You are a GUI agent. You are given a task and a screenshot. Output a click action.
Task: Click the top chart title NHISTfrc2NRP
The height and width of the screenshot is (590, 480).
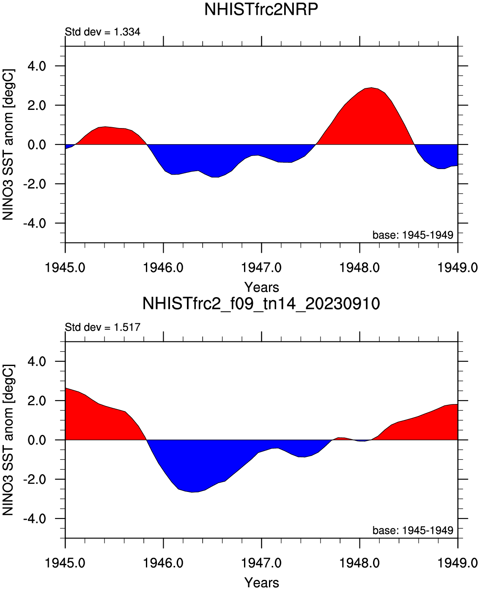point(261,9)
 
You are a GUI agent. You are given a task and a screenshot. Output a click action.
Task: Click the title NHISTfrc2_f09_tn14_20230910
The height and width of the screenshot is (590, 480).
point(261,303)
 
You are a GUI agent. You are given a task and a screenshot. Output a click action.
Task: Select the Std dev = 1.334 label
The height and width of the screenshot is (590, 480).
point(102,32)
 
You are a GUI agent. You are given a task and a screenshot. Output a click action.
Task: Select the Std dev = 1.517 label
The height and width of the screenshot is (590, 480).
point(102,327)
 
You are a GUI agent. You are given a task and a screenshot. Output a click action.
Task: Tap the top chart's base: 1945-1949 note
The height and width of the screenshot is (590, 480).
point(412,235)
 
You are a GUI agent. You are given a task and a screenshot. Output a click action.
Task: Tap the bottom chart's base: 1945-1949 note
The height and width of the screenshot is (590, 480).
point(412,530)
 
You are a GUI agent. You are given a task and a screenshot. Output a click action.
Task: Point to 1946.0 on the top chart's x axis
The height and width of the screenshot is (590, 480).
point(163,268)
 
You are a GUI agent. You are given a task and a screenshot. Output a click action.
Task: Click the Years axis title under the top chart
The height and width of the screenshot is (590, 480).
point(262,287)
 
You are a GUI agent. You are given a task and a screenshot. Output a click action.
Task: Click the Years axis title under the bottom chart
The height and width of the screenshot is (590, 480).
point(262,582)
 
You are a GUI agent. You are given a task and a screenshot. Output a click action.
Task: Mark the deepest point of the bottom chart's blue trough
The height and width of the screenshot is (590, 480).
point(192,492)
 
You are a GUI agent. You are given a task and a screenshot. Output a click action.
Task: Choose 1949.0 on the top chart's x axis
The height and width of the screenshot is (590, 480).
point(457,268)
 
